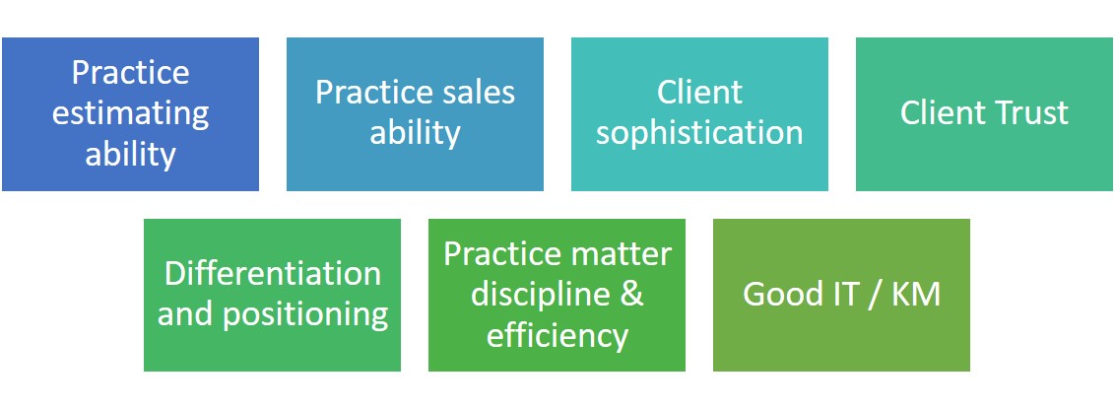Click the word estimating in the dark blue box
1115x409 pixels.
pyautogui.click(x=130, y=114)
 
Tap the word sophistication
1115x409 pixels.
pyautogui.click(x=699, y=134)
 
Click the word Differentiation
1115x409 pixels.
pyautogui.click(x=273, y=274)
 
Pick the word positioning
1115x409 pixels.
pyautogui.click(x=305, y=315)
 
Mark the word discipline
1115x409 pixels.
pyautogui.click(x=531, y=296)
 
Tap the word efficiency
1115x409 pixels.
pyautogui.click(x=557, y=336)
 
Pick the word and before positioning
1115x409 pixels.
pyautogui.click(x=186, y=315)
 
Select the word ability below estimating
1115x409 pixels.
pyautogui.click(x=130, y=156)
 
